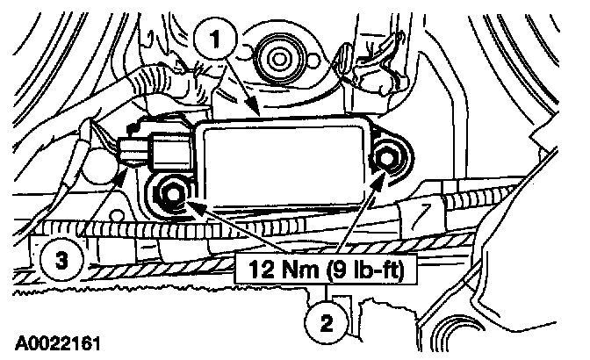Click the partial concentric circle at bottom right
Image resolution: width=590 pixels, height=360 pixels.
[474, 338]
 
